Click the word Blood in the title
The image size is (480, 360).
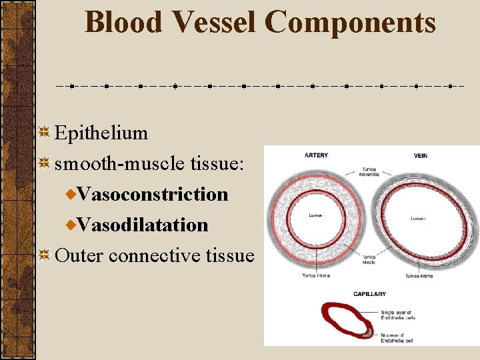tap(124, 22)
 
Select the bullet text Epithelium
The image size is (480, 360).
tap(101, 133)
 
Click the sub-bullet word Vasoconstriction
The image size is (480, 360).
tap(153, 195)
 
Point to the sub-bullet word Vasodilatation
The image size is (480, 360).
tap(143, 225)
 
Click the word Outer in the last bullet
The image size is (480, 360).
tap(79, 255)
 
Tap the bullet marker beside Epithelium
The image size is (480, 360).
tap(45, 132)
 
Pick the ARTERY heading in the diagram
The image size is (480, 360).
tap(316, 155)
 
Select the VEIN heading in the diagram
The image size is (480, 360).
tap(419, 155)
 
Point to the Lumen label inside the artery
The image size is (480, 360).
tap(317, 215)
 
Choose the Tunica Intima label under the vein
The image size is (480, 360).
tap(418, 275)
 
